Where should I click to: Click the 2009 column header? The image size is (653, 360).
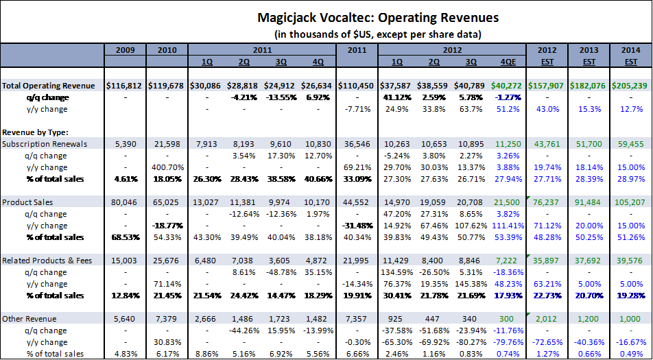coord(125,49)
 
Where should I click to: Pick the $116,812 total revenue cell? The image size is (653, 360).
coord(125,86)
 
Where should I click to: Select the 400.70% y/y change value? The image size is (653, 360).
coord(167,167)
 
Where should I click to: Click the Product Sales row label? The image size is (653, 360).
coord(27,202)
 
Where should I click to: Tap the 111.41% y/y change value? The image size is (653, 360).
coord(503,226)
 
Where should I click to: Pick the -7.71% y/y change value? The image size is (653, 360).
coord(356,109)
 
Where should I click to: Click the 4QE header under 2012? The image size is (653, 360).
coord(507,61)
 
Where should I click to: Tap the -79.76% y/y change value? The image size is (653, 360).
coord(503,342)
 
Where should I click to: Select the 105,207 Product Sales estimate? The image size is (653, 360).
coord(627,202)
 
